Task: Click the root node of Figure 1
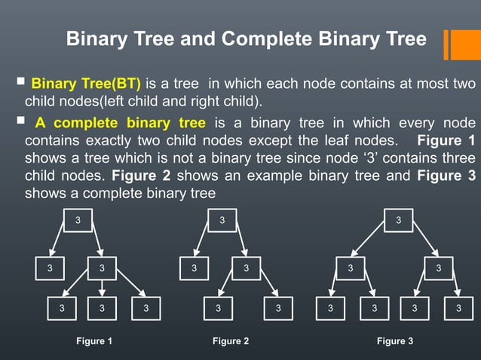coord(78,220)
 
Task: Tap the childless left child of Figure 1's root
coord(51,267)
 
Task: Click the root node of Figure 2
coord(222,220)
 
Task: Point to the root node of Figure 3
coord(398,220)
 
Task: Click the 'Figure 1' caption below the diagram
coord(94,341)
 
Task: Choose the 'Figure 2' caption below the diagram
coord(231,341)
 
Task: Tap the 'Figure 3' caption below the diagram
coord(395,341)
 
